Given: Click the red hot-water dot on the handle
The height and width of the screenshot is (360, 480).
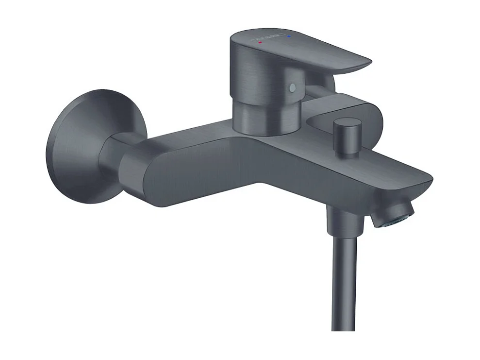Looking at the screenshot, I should (x=260, y=43).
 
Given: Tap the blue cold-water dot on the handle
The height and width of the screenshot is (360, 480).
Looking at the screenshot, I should (x=289, y=36).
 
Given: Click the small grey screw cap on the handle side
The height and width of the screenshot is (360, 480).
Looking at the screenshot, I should (x=291, y=88).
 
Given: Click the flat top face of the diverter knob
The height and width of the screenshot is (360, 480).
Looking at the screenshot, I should (x=348, y=123).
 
